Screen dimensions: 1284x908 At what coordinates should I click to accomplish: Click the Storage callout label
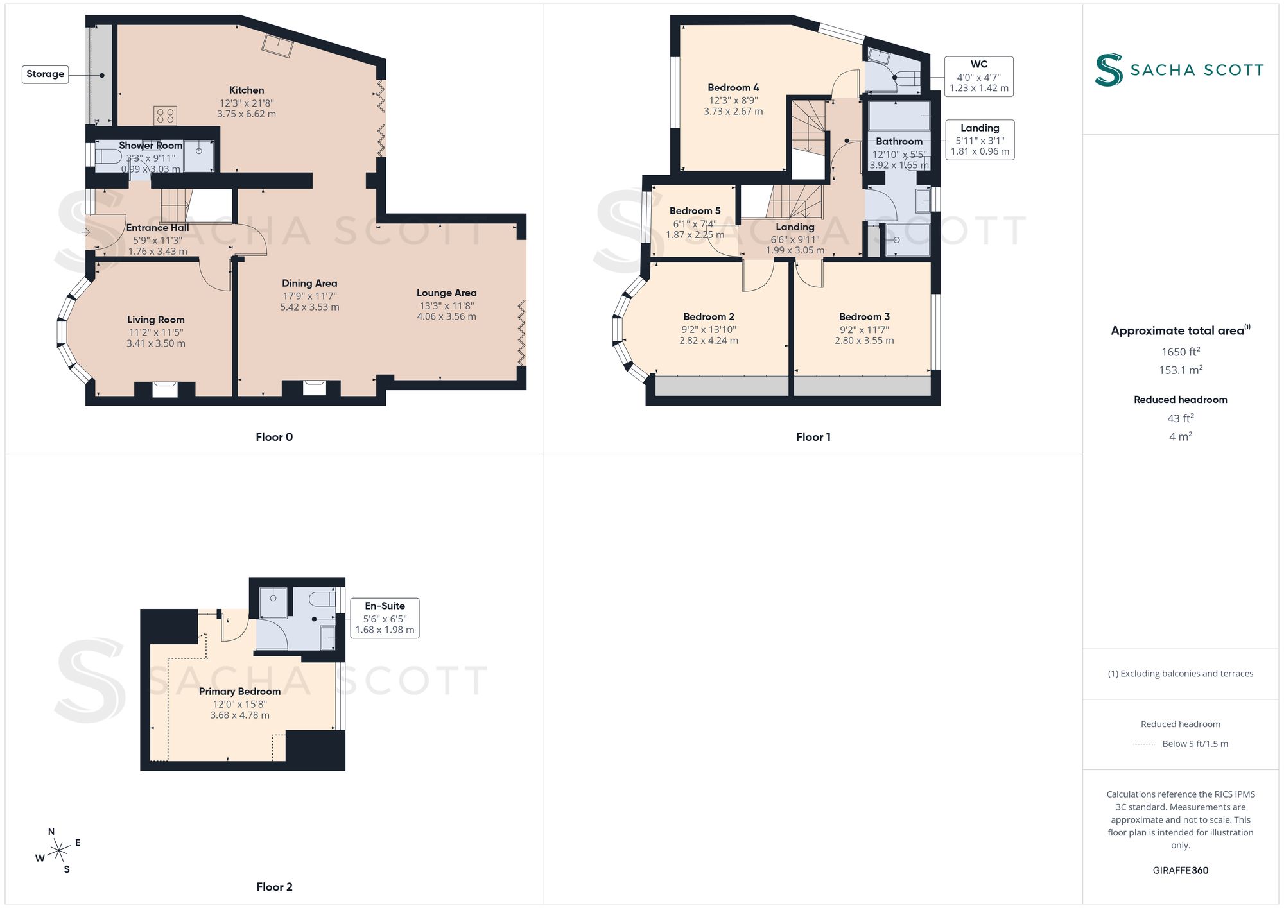(46, 74)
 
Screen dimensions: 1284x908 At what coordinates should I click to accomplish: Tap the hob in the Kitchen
(165, 116)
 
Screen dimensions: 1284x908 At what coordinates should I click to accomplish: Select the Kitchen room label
(247, 90)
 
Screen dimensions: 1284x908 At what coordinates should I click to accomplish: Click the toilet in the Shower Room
(108, 156)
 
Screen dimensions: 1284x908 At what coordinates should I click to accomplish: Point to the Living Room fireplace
(165, 389)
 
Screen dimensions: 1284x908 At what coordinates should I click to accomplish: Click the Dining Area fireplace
(314, 388)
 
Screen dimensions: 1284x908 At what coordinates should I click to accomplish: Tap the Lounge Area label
(447, 293)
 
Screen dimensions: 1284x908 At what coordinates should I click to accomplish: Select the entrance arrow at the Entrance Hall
(86, 232)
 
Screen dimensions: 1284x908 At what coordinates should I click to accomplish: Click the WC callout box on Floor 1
(979, 76)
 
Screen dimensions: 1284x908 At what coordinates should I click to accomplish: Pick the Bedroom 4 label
(733, 88)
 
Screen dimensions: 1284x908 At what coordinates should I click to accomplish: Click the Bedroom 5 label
(695, 211)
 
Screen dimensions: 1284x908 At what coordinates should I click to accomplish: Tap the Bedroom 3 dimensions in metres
(864, 341)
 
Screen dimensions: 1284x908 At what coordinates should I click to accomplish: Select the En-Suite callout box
(385, 618)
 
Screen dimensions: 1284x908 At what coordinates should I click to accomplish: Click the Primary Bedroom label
(239, 692)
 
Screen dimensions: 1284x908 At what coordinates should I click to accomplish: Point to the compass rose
(59, 851)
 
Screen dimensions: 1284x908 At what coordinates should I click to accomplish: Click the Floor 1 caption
(813, 437)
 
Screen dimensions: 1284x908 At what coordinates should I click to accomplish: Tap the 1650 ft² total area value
(1181, 352)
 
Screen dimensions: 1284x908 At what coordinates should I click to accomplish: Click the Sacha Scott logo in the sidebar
(1179, 70)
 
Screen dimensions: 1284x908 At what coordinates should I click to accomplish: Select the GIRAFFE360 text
(1181, 871)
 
